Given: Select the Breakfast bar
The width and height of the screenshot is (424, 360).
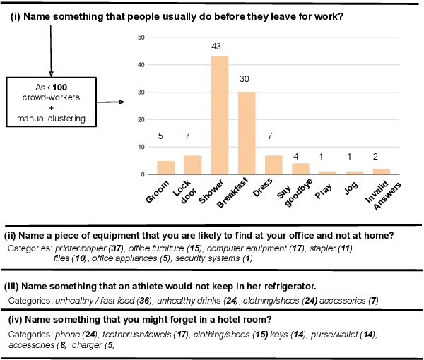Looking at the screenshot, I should (x=247, y=133).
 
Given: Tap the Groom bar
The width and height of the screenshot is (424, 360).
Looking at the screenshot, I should (x=165, y=167).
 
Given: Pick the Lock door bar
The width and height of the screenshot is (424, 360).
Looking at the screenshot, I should (x=192, y=164).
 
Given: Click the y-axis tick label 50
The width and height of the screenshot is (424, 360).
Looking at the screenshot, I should (x=141, y=37).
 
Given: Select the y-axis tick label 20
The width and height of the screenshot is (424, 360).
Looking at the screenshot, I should (x=141, y=119).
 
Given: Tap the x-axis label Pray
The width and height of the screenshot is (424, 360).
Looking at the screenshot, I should (x=324, y=190).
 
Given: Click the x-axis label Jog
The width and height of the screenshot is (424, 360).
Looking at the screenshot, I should (x=351, y=188).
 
